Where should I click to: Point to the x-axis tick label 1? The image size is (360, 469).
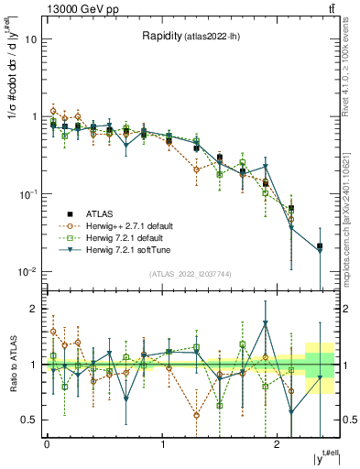click(162, 444)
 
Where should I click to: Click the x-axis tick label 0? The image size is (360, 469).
click(47, 444)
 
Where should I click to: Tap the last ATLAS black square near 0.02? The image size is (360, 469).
click(319, 245)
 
